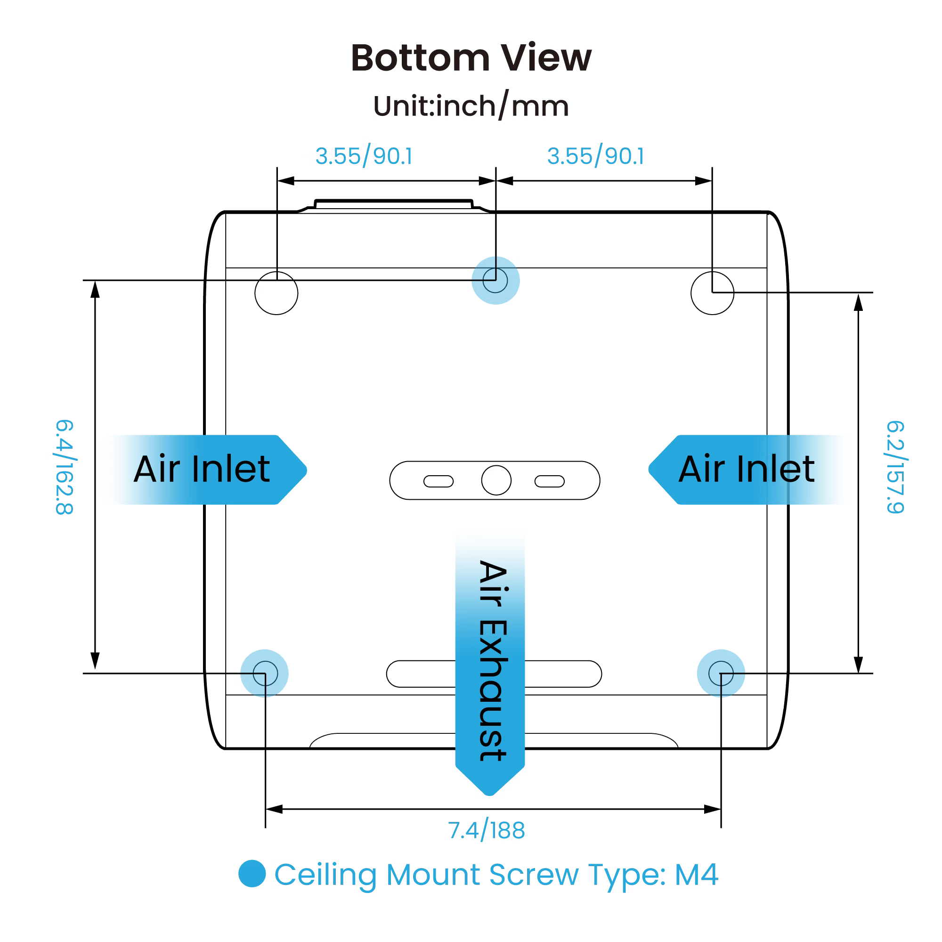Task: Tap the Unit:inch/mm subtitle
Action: click(x=471, y=106)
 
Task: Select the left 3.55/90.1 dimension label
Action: click(x=364, y=156)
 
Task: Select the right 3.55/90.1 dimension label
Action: click(x=595, y=156)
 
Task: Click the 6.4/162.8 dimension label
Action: click(x=65, y=467)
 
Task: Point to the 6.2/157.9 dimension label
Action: click(x=896, y=467)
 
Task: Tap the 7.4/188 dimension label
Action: click(x=486, y=830)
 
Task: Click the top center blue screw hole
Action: click(x=495, y=280)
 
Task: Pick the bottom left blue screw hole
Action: click(x=265, y=674)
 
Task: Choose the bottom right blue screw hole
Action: click(x=721, y=674)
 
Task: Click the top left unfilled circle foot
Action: click(x=276, y=293)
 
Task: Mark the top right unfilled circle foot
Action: click(x=712, y=293)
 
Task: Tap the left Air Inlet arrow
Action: click(x=205, y=469)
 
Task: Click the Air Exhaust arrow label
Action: click(x=490, y=658)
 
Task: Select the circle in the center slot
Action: click(x=496, y=480)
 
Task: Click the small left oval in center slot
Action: click(x=439, y=481)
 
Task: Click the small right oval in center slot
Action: click(x=550, y=481)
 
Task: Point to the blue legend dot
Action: click(x=252, y=873)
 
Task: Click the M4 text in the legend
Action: click(x=696, y=874)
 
